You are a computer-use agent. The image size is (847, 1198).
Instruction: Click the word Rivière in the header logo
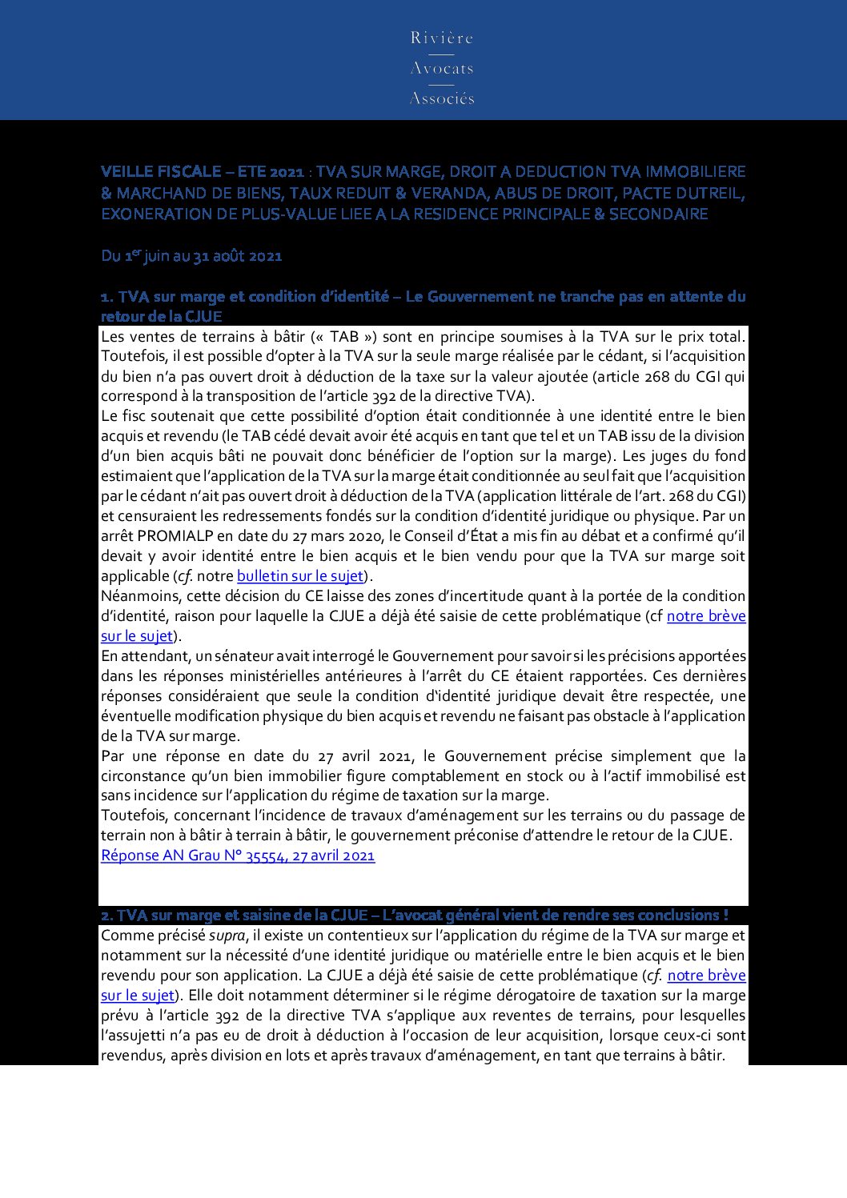tap(442, 38)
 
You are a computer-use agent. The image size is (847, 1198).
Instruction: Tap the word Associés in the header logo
tap(442, 98)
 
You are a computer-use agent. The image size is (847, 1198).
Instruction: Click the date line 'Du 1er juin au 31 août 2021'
tap(191, 256)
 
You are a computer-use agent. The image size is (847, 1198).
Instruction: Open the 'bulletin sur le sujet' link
tap(300, 576)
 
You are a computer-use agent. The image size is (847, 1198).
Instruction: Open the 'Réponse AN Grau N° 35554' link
tap(238, 855)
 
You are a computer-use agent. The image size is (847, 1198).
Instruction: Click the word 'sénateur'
tap(246, 656)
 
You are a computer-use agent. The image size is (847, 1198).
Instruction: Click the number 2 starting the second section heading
tap(106, 916)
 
